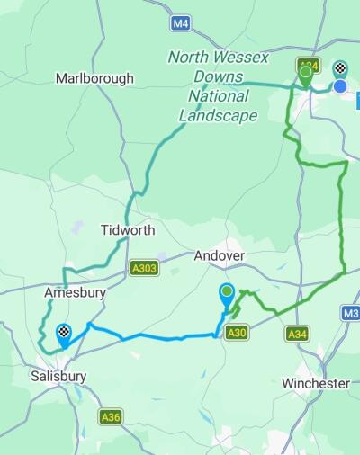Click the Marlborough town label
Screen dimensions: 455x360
pos(94,78)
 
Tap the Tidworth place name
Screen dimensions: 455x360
pos(127,230)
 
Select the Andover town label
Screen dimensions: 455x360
pos(220,255)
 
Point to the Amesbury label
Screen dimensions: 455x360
pos(76,293)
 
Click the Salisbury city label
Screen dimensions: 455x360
pos(57,376)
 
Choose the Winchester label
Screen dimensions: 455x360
pos(315,383)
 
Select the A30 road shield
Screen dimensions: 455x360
pos(237,333)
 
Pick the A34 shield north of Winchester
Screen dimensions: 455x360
pos(296,334)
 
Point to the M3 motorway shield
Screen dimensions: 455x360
pos(351,313)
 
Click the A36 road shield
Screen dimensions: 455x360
pos(111,416)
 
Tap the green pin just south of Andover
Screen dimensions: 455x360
pos(227,293)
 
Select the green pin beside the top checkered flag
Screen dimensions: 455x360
pos(306,73)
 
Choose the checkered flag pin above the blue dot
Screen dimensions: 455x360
pos(341,68)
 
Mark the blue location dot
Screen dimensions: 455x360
pos(341,86)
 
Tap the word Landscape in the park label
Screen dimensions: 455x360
pos(218,115)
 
